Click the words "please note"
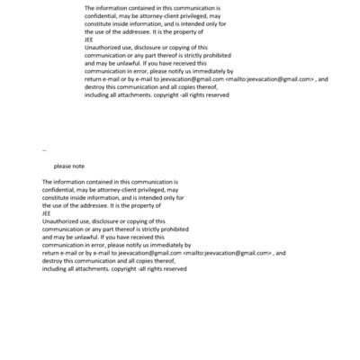(68, 166)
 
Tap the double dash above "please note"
(44, 150)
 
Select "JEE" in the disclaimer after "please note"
(47, 213)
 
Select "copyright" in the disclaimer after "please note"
(124, 269)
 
